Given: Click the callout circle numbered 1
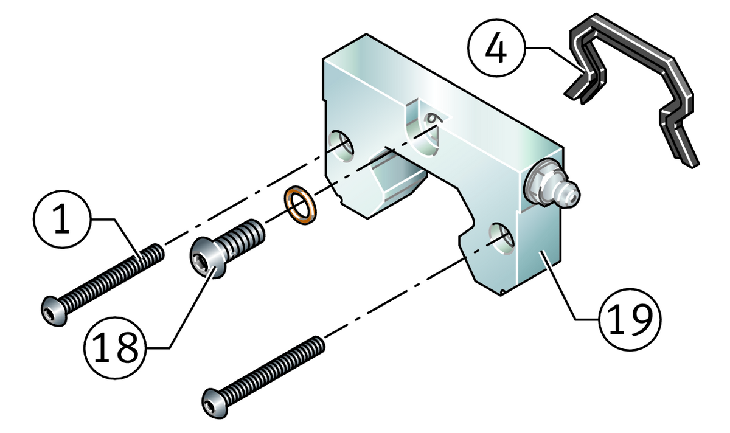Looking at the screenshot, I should click(61, 221).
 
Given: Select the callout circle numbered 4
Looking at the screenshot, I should click(496, 49).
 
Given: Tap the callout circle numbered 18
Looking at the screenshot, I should click(117, 347).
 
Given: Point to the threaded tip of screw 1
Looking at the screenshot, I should click(156, 251).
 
